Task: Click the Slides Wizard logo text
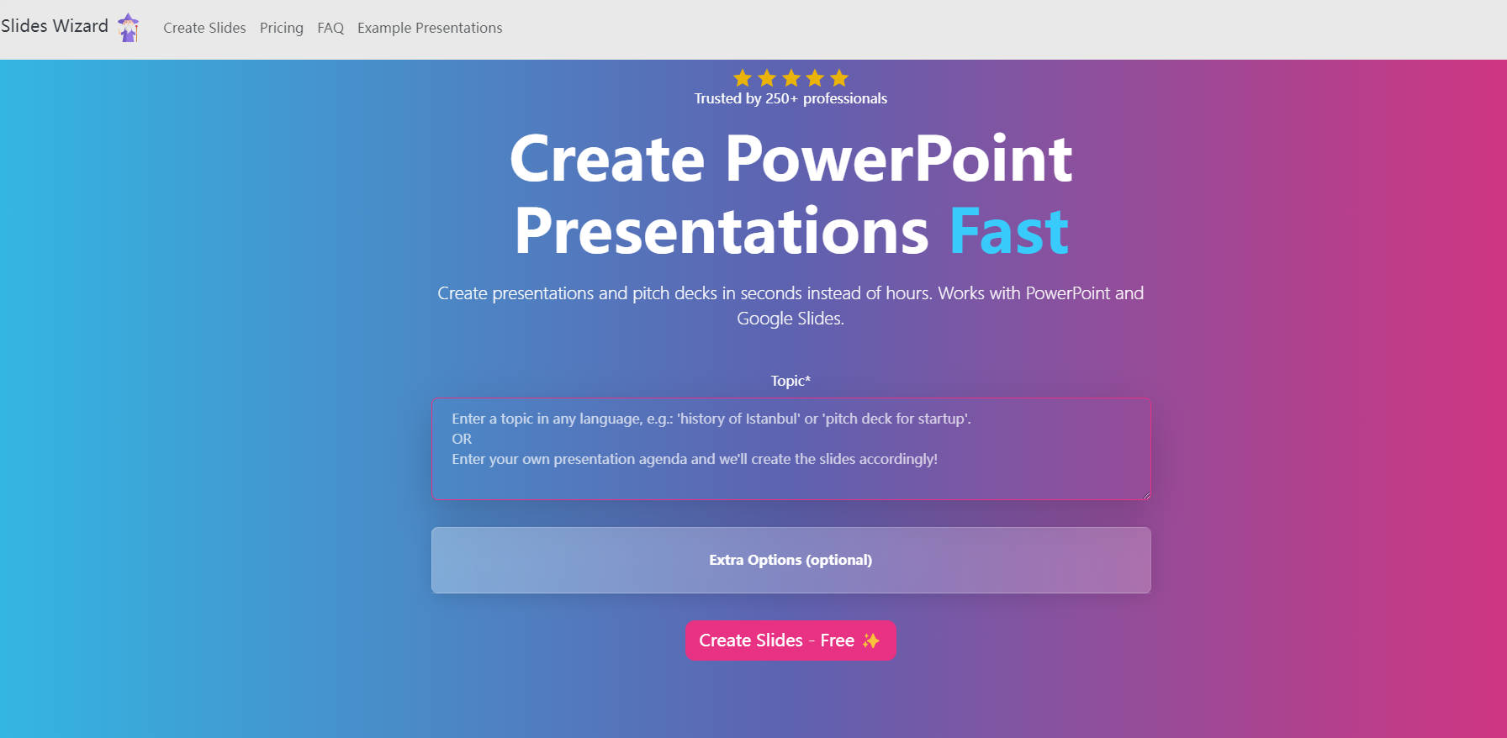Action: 55,26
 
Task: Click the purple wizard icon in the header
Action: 129,28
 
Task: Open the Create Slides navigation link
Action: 204,28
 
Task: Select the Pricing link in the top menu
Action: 282,28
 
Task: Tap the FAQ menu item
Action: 330,28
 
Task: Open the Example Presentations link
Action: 430,28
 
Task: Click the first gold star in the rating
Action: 743,78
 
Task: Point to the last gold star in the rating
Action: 839,78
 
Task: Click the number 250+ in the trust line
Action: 781,98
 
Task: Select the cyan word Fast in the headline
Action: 1009,231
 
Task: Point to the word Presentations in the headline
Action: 722,231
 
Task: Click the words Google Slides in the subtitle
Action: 789,319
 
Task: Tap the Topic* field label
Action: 791,381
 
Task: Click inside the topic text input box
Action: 791,449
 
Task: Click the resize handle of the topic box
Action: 1145,494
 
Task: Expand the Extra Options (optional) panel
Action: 791,560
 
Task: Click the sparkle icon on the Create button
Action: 871,640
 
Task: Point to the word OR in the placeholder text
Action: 462,439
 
